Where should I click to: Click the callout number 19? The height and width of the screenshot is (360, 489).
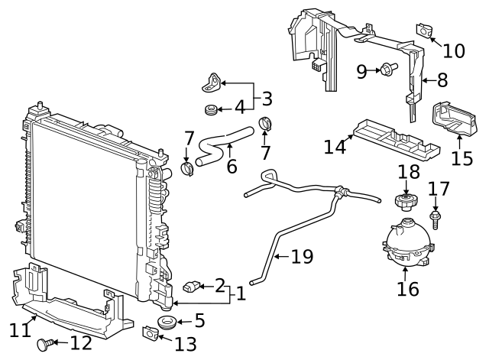[303, 257]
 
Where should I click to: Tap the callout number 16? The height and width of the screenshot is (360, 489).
[408, 289]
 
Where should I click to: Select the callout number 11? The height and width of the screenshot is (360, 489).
[19, 330]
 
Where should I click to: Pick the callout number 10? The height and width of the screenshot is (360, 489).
[454, 50]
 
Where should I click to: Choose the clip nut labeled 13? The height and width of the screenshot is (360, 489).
[151, 332]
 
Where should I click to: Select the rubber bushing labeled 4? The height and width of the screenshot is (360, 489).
[211, 110]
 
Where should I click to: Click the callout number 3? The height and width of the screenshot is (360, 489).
[266, 99]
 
